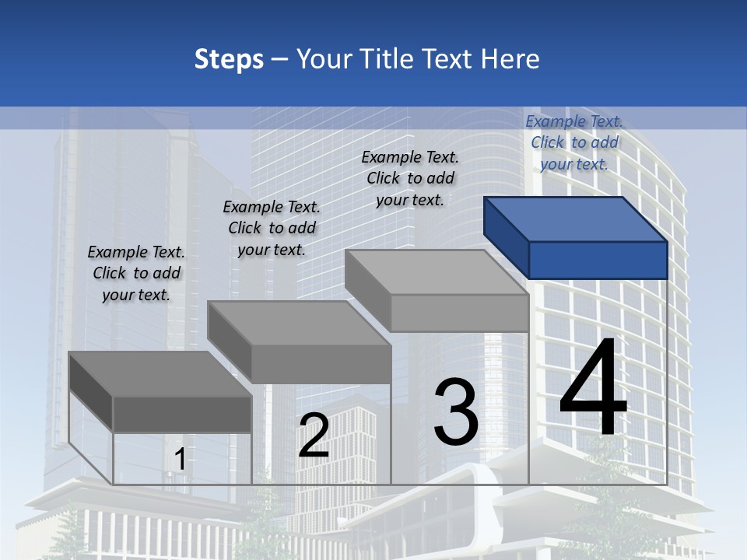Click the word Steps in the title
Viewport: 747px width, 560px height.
pyautogui.click(x=229, y=59)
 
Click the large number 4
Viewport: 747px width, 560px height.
pyautogui.click(x=593, y=389)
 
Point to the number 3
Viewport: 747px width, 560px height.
pyautogui.click(x=456, y=412)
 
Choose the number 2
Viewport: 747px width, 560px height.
pyautogui.click(x=314, y=436)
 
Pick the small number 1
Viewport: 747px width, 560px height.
pyautogui.click(x=180, y=460)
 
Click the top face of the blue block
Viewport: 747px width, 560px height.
pyautogui.click(x=576, y=219)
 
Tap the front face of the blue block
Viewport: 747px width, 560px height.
pyautogui.click(x=598, y=260)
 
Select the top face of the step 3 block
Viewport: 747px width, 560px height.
pyautogui.click(x=436, y=272)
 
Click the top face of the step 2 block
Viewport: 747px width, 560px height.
pyautogui.click(x=300, y=323)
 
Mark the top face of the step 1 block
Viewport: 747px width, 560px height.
pyautogui.click(x=160, y=374)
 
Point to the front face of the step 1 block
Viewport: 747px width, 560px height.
pyautogui.click(x=182, y=414)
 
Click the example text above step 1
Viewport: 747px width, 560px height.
pyautogui.click(x=136, y=273)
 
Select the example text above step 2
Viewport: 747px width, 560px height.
pyautogui.click(x=272, y=228)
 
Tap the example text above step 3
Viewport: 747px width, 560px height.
pyautogui.click(x=410, y=178)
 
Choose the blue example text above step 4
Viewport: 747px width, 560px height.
pyautogui.click(x=574, y=142)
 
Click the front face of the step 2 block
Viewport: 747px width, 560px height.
pyautogui.click(x=321, y=364)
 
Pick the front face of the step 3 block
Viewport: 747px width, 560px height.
pyautogui.click(x=459, y=313)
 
